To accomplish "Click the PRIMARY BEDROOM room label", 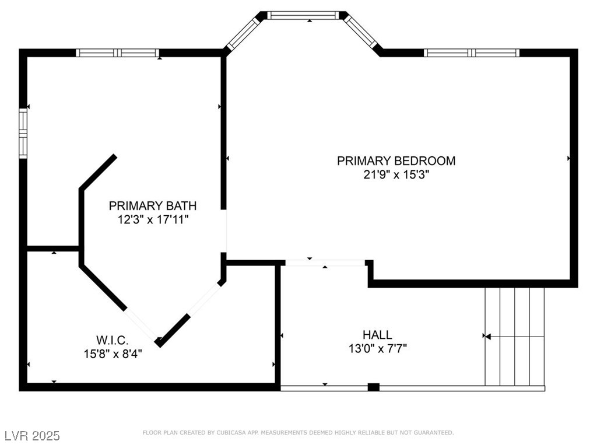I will (396, 160).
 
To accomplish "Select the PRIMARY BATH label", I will (152, 205).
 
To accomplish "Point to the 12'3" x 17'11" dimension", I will (152, 219).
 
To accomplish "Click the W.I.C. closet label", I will (112, 339).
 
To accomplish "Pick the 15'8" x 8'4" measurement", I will (112, 353).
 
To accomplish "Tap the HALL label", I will (377, 335).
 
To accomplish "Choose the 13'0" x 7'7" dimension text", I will (377, 349).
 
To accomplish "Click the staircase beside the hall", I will (515, 337).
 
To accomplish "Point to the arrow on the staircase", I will (487, 337).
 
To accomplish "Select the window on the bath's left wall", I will (23, 134).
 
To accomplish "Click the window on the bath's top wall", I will (118, 52).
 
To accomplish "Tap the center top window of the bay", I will (303, 15).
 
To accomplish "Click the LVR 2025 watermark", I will (32, 436).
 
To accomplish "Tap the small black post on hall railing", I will (374, 387).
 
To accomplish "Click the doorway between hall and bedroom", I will (324, 262).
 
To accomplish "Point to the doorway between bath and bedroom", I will (223, 231).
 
